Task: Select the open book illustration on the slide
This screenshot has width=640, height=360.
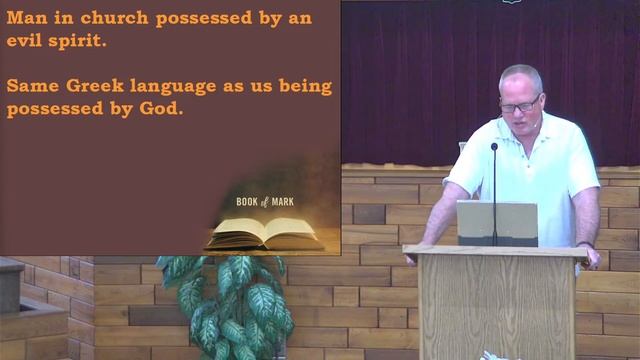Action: (x=262, y=234)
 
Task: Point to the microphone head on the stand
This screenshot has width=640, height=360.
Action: (x=494, y=147)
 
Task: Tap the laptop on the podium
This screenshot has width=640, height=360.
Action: (x=497, y=222)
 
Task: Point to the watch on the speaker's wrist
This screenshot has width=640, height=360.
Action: (x=585, y=246)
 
